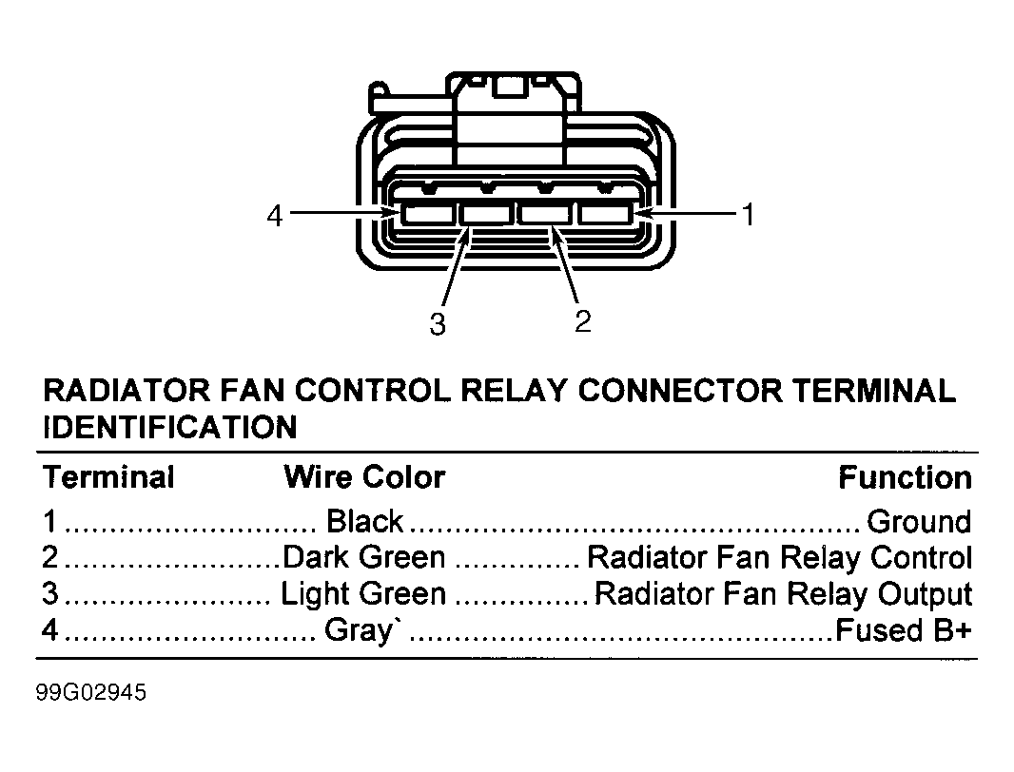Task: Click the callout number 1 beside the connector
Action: tap(749, 214)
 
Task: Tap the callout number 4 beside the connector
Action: tap(275, 215)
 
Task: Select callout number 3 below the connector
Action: tap(438, 323)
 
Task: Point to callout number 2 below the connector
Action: tap(583, 321)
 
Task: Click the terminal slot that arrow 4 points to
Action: tap(427, 214)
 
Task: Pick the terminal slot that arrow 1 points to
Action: tap(605, 214)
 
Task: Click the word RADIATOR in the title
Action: tap(127, 391)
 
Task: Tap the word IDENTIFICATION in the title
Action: tap(170, 428)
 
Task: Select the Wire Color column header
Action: tap(364, 477)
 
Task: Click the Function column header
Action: tap(906, 478)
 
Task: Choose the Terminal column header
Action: tap(108, 477)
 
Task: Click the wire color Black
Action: tap(364, 521)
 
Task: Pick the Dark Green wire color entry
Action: tap(364, 557)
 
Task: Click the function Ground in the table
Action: tap(919, 521)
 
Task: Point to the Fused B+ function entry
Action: tap(904, 630)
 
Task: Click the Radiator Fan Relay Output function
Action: tap(783, 593)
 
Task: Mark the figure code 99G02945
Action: tap(91, 692)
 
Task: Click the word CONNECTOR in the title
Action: tap(680, 391)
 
